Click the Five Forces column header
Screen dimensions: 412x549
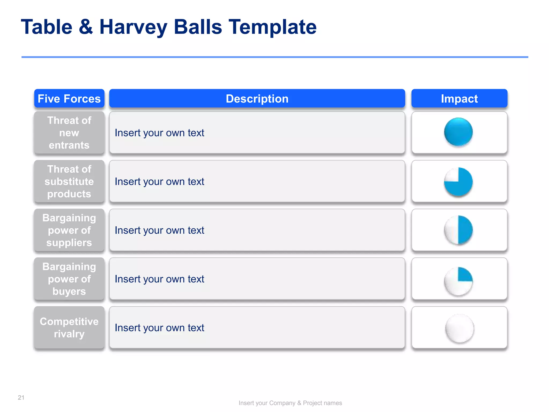pos(69,99)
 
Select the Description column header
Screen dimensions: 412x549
pos(257,99)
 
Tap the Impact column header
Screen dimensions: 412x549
pos(459,99)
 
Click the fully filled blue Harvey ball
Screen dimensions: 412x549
pos(458,132)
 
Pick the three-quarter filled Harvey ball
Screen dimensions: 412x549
pos(458,182)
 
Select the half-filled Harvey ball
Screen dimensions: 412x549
pos(458,230)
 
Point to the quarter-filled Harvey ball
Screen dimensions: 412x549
pos(458,281)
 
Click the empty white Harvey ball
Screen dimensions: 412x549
pos(459,328)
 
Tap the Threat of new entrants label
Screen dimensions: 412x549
pos(69,133)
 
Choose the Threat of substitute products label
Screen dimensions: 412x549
pos(69,182)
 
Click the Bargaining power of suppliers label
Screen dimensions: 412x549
pos(69,230)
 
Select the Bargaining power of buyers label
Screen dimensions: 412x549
pos(69,279)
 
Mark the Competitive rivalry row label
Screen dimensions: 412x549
pos(69,328)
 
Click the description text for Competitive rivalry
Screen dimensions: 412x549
pos(159,328)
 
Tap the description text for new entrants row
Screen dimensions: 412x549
pos(159,133)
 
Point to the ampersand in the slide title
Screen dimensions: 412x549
pos(86,27)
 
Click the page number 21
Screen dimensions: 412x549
pos(21,398)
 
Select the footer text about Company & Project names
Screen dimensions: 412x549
pos(290,403)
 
